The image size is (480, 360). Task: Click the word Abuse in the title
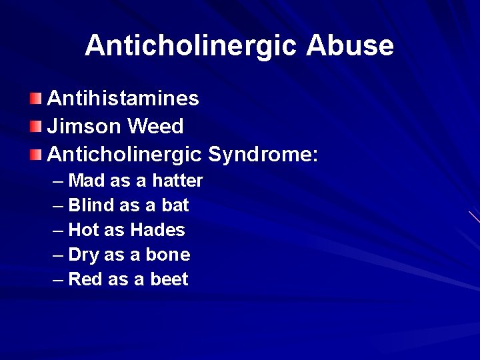coord(350,45)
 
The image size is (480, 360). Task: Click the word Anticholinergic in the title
coord(191,45)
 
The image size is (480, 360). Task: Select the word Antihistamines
coord(123,99)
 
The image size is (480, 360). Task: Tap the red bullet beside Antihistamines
coord(35,99)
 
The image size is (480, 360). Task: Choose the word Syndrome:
coord(263,155)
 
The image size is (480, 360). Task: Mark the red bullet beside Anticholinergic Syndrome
coord(35,155)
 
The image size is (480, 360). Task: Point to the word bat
coord(175,205)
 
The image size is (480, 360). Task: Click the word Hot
coord(83,230)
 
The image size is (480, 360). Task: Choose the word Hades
coord(157,230)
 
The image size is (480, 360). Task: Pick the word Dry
coord(83,255)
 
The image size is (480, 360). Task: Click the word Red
coord(85,279)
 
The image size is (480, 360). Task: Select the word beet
coord(170,279)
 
